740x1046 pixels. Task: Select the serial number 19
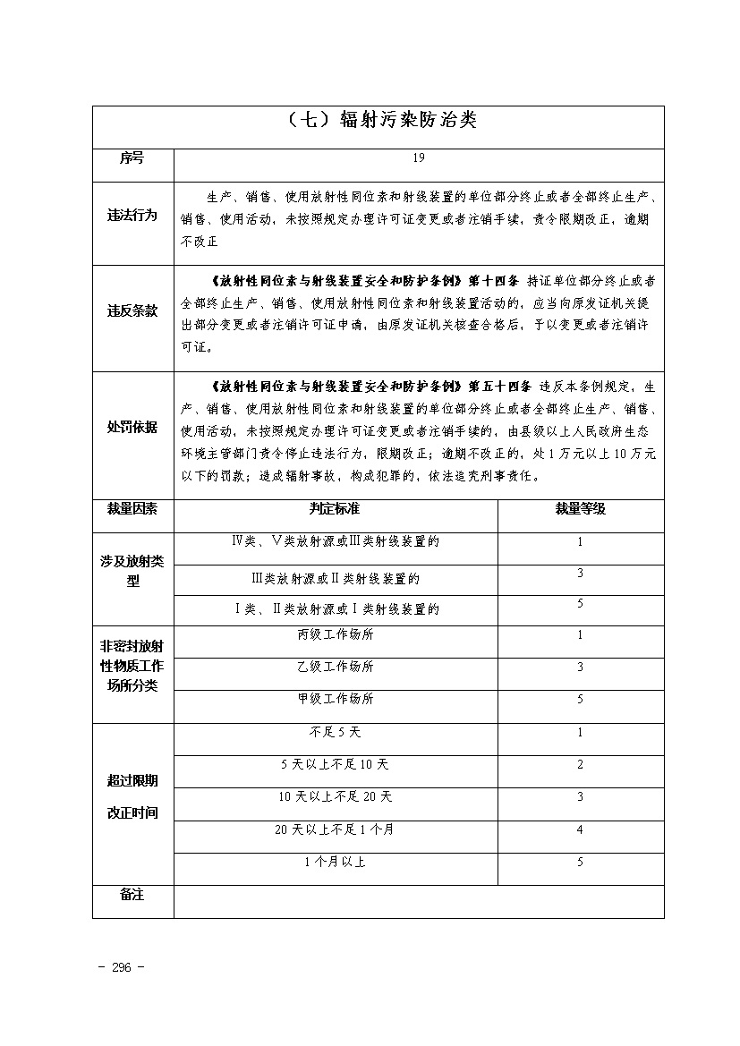coord(419,158)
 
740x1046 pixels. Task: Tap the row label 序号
coord(132,158)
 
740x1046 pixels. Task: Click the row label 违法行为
coord(132,216)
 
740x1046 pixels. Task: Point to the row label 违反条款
coord(132,311)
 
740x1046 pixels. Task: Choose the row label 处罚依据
coord(132,428)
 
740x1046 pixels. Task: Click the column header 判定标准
coord(335,508)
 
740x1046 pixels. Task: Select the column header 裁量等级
coord(580,508)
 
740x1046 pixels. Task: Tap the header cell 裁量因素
coord(132,508)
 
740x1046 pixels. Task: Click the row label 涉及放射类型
coord(132,571)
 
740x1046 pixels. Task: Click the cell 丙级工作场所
coord(336,635)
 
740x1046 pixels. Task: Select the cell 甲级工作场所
coord(336,699)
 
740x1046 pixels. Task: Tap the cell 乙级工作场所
coord(336,667)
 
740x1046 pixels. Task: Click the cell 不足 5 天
coord(336,733)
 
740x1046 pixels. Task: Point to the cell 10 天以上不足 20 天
coord(336,796)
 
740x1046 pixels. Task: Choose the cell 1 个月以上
coord(336,862)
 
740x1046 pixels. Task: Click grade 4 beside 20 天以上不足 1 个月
coord(580,829)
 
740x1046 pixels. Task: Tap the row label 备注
coord(132,895)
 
